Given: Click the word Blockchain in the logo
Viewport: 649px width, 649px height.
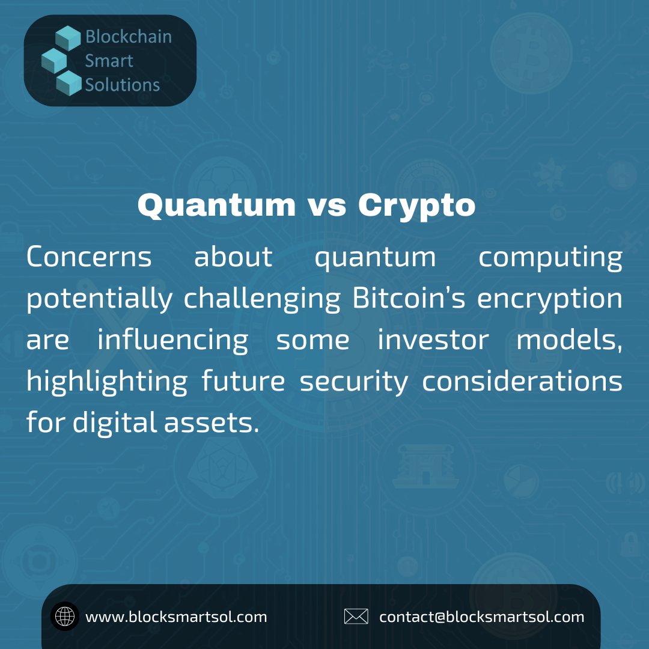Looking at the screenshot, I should pos(128,37).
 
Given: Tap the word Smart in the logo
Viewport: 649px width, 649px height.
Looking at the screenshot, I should pos(109,61).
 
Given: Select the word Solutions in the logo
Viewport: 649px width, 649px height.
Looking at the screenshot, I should pos(122,85).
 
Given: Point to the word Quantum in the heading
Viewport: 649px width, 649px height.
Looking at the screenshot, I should pos(216,206).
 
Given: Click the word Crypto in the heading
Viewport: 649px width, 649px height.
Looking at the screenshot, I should pos(416,206).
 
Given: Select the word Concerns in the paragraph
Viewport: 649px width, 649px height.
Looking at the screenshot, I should pos(89,257).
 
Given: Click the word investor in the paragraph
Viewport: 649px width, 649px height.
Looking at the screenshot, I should pos(433,340).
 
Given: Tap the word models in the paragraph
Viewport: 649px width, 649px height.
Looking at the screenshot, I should pos(568,340).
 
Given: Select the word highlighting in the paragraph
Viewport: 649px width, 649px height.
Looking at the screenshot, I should pos(107,382).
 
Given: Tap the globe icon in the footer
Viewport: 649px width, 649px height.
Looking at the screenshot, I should pos(65,617).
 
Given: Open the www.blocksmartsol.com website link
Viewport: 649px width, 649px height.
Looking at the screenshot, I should pos(176,617).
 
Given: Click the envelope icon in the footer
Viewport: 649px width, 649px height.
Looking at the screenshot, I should pos(356,617).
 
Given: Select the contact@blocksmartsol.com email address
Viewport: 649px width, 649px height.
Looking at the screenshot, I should pos(481,617).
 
